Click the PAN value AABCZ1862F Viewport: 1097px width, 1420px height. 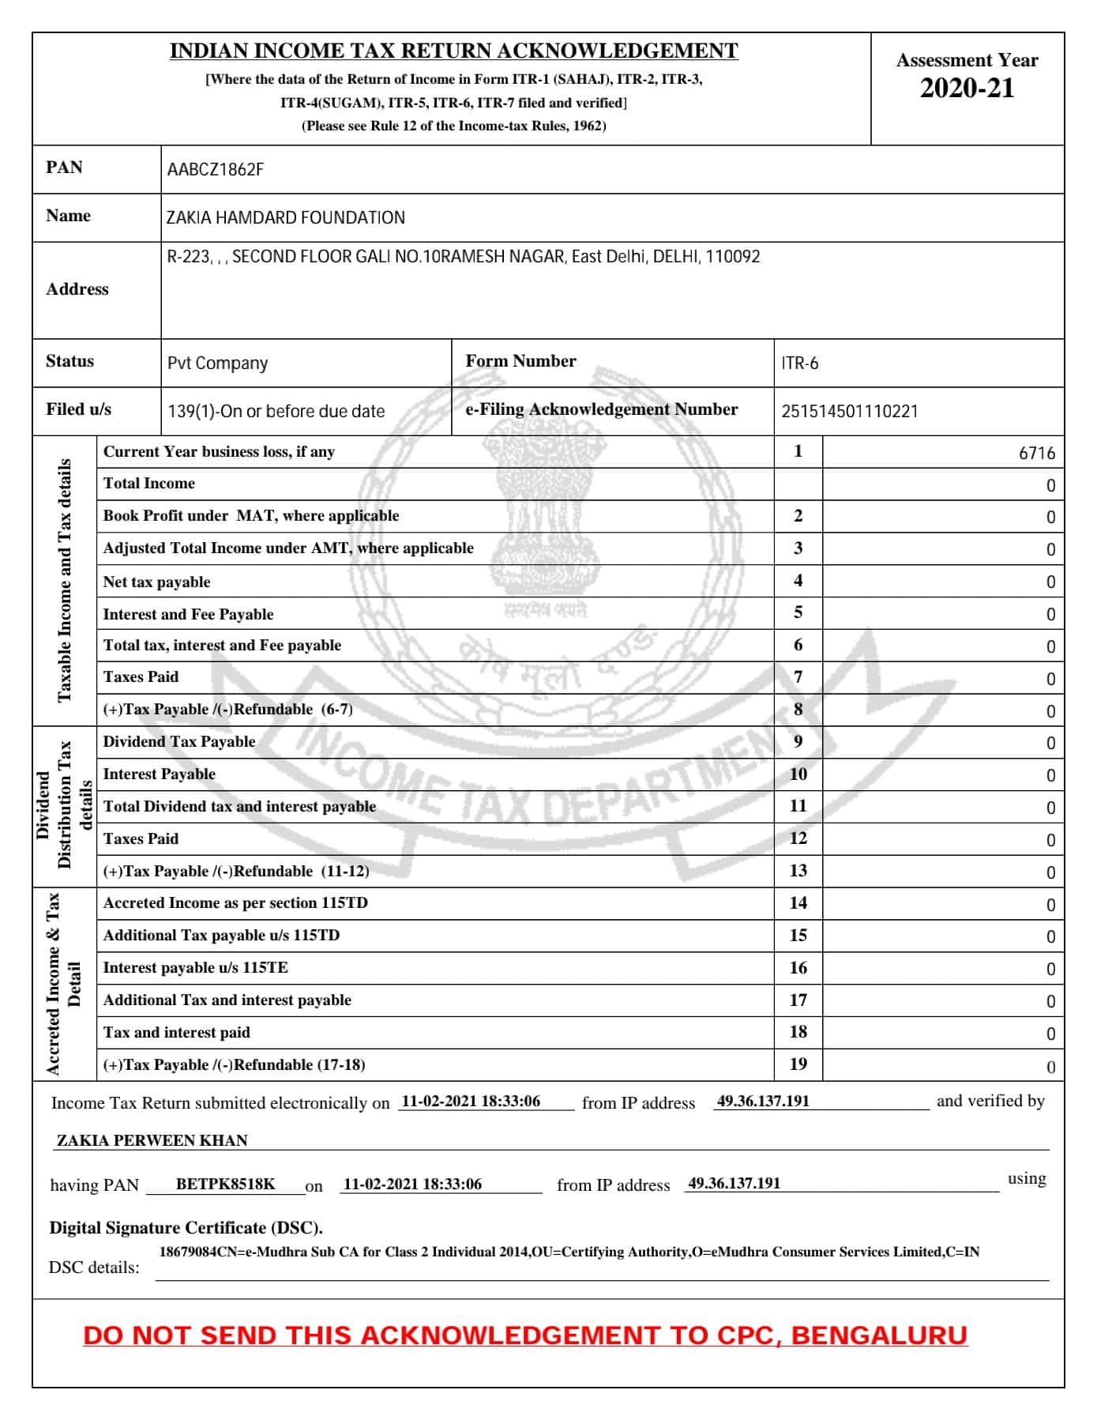(215, 170)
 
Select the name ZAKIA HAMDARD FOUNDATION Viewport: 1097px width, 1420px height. (285, 218)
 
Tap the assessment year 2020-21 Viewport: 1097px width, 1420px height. (967, 89)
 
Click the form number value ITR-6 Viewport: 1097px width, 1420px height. (799, 363)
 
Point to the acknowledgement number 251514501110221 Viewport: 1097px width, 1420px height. (849, 412)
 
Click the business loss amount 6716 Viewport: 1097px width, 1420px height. (1036, 454)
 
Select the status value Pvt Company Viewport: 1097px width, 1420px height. (217, 363)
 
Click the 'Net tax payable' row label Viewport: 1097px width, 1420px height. (156, 582)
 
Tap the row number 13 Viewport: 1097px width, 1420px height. (798, 871)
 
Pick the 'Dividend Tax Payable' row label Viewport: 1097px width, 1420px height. (179, 742)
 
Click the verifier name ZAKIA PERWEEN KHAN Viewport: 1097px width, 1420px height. (152, 1140)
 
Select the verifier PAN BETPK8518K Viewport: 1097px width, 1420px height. (225, 1184)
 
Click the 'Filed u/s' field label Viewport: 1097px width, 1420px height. (78, 409)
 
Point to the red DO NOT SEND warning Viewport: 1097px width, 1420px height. (525, 1335)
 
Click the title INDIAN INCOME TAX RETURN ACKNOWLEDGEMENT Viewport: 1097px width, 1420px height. (453, 51)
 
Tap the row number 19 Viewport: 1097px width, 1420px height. (798, 1064)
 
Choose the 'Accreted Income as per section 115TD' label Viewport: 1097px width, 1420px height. (235, 903)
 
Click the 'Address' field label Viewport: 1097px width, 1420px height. (77, 289)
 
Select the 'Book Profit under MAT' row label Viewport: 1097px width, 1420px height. (250, 516)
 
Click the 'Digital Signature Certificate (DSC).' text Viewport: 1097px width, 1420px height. (186, 1228)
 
